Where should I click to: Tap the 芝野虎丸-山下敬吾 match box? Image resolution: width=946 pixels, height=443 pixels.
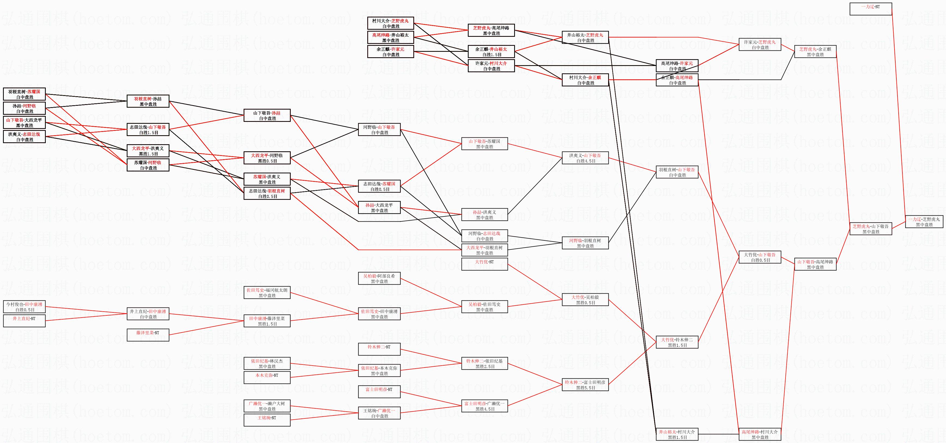pos(871,229)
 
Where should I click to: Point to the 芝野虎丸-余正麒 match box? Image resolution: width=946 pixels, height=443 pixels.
pos(815,52)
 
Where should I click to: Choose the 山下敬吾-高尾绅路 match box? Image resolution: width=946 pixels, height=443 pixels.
pos(815,264)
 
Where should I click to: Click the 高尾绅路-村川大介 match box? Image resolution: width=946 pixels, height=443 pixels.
pos(760,434)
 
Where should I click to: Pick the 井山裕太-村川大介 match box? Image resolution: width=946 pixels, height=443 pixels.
pos(677,434)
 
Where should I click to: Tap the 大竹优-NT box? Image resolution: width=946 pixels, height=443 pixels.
pos(485,264)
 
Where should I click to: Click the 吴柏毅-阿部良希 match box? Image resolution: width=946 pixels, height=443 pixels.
pos(379,278)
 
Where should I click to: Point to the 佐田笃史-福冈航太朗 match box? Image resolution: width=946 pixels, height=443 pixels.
pos(267,293)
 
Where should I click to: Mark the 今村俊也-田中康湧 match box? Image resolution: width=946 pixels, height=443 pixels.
pos(24,307)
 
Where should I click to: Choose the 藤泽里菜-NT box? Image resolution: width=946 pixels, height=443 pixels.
pos(148,335)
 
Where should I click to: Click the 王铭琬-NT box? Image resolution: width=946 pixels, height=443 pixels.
pos(267,420)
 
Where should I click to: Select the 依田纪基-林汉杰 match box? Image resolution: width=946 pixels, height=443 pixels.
pos(267,363)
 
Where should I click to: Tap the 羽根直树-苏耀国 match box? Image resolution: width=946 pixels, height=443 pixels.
pos(24,94)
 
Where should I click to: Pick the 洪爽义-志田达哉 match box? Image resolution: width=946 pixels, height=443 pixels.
pos(24,137)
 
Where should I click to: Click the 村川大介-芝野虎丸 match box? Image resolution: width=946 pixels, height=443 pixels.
pos(391,23)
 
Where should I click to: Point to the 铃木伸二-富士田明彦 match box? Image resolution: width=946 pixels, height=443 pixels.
pos(585,385)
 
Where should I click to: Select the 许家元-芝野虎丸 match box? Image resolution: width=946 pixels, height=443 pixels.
pos(760,44)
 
